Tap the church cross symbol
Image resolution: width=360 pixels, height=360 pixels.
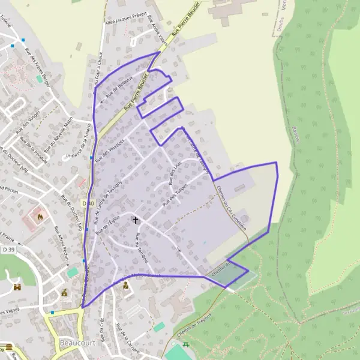(x=136, y=221)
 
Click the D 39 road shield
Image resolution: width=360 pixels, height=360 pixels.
(x=8, y=248)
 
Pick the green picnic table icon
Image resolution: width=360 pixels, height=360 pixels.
(x=186, y=344)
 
